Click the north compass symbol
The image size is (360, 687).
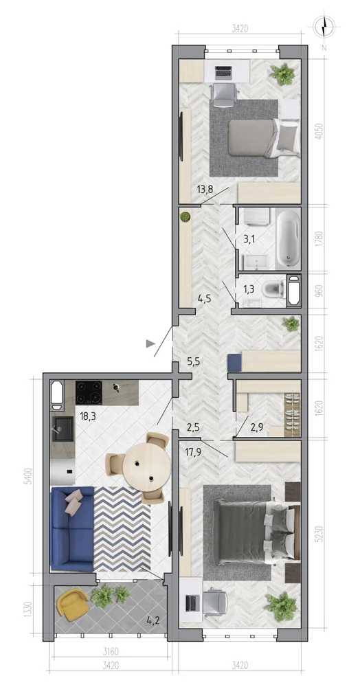(x=324, y=27)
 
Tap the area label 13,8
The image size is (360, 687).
(x=205, y=190)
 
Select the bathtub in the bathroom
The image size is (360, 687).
(x=288, y=238)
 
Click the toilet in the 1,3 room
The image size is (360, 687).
(x=273, y=290)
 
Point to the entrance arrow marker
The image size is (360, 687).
(x=150, y=343)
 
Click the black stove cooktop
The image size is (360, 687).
(x=89, y=392)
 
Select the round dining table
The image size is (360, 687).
(x=146, y=466)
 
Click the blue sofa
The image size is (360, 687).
(x=72, y=529)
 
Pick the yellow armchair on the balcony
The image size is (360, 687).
(x=72, y=604)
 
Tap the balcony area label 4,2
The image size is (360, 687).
(x=153, y=620)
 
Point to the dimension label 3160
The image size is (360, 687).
(x=111, y=651)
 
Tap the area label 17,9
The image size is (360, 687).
(x=192, y=453)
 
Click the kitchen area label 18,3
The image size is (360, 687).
(x=87, y=416)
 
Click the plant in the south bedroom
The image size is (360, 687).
(x=281, y=606)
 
